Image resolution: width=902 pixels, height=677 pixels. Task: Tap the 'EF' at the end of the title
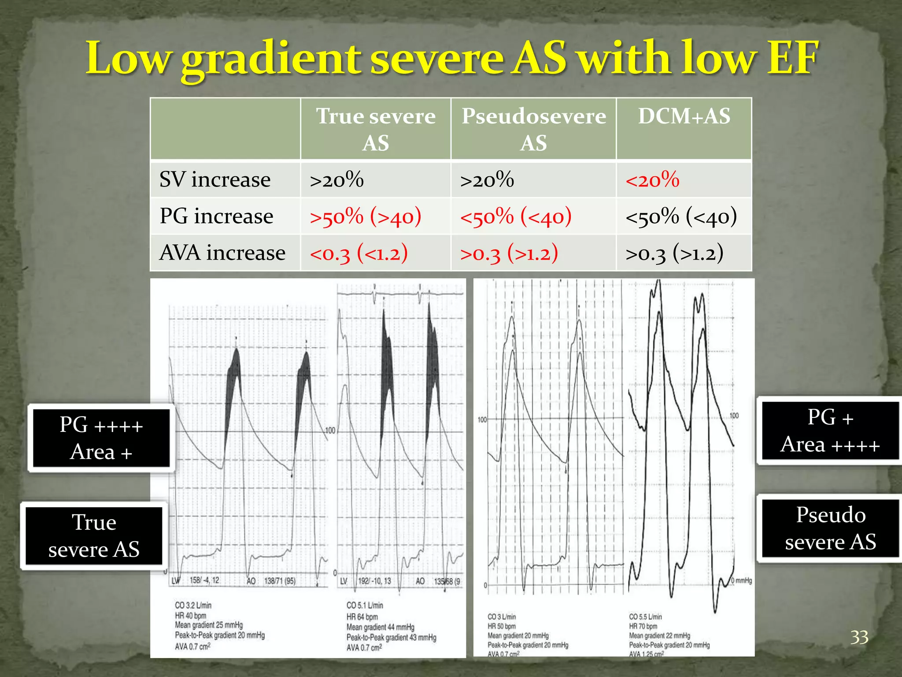(792, 58)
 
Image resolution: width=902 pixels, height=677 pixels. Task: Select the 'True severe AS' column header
(376, 129)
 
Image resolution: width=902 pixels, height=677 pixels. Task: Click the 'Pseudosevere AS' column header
(533, 129)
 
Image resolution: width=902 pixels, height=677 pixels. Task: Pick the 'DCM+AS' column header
(684, 116)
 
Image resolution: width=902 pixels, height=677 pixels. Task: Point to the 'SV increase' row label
(215, 180)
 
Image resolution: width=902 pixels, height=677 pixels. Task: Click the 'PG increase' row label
(216, 216)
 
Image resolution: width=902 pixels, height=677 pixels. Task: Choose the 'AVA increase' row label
(222, 253)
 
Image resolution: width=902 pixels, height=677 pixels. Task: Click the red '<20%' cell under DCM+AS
(652, 180)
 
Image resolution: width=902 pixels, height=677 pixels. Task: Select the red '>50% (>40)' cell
(365, 216)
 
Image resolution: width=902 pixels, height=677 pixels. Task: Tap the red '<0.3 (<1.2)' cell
(359, 253)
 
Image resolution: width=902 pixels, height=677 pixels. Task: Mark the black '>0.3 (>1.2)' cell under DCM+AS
(674, 253)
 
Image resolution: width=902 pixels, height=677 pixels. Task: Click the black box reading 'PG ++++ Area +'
(101, 438)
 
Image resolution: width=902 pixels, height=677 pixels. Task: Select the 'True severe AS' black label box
(94, 536)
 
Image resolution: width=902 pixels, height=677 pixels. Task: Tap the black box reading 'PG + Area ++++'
(830, 431)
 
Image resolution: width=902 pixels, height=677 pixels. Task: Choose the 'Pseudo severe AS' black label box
(830, 528)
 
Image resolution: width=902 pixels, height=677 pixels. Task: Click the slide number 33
(859, 637)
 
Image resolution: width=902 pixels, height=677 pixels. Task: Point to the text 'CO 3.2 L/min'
(193, 606)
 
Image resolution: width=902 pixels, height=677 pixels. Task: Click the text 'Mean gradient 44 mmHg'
(380, 627)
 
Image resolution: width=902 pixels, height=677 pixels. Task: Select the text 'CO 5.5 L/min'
(645, 617)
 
